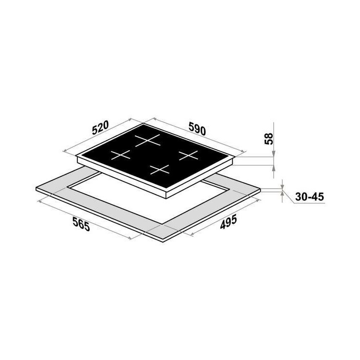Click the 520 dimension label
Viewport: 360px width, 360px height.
click(x=100, y=128)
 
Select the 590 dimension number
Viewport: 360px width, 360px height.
click(x=197, y=129)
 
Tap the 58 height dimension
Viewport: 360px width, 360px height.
click(x=269, y=139)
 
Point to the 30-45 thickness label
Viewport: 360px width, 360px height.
click(x=310, y=197)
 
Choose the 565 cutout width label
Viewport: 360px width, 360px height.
click(x=81, y=224)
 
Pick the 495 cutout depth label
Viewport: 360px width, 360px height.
click(x=228, y=222)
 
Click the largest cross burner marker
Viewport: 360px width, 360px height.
click(x=147, y=140)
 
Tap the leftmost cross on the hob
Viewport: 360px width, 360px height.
click(x=120, y=155)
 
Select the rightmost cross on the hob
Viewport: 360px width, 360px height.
click(x=188, y=156)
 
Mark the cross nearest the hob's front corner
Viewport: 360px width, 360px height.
click(x=160, y=169)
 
